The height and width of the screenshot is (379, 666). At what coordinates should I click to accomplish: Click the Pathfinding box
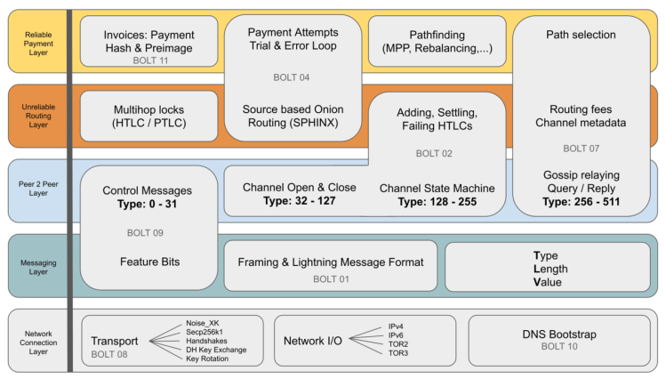(x=431, y=41)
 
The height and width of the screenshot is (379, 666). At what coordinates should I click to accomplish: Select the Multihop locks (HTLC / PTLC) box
(x=148, y=116)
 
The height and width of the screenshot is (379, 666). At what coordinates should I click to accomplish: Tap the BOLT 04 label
(x=292, y=77)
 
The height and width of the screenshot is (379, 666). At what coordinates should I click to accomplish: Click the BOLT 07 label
(x=582, y=148)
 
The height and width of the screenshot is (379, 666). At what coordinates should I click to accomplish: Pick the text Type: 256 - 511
(x=582, y=202)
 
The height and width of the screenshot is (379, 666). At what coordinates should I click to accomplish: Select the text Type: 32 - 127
(x=299, y=202)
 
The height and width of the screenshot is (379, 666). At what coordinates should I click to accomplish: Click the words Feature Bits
(x=148, y=262)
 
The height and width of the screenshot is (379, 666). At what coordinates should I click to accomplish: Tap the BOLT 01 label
(x=331, y=278)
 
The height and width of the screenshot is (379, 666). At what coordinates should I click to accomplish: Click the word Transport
(x=115, y=341)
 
